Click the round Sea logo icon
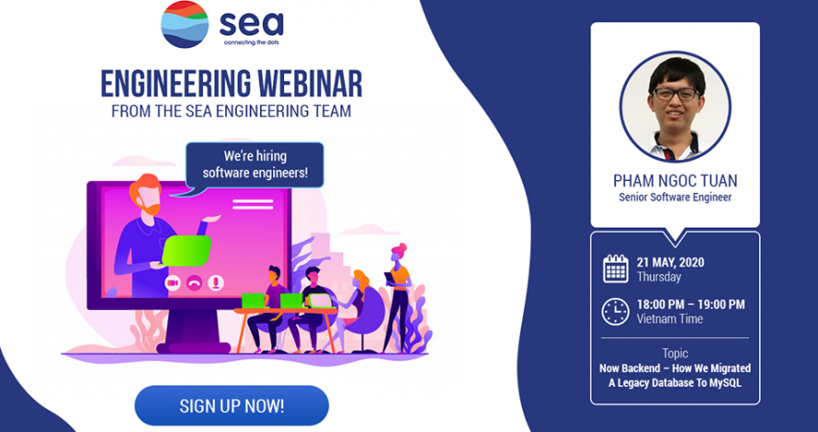185,24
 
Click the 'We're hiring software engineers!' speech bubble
255,165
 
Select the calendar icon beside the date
616,269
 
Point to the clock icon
616,312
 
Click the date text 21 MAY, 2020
670,263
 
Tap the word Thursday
659,277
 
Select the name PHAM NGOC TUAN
675,181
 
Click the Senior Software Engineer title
675,198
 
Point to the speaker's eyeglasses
676,94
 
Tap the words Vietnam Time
670,319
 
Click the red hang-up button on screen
194,283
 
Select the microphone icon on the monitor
215,283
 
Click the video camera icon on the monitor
173,283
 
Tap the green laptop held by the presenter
187,251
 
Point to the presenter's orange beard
153,208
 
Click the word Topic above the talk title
675,354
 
